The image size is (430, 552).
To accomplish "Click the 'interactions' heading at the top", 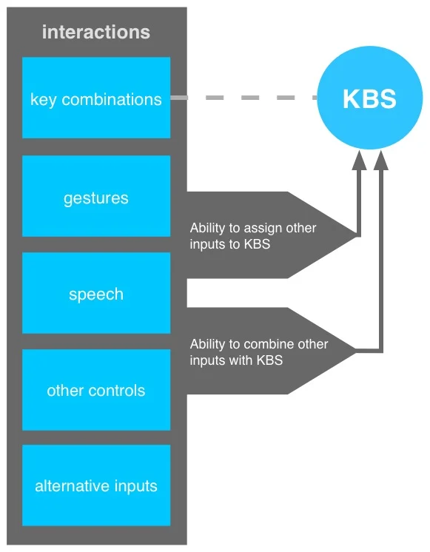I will pyautogui.click(x=96, y=33).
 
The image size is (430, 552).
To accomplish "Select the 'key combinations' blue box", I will pyautogui.click(x=96, y=98).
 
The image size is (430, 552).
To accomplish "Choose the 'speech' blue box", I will pyautogui.click(x=96, y=293).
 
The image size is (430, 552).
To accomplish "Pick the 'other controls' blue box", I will pyautogui.click(x=96, y=390).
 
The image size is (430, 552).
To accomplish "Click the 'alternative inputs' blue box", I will pyautogui.click(x=96, y=485).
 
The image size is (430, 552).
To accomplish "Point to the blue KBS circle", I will pyautogui.click(x=369, y=98).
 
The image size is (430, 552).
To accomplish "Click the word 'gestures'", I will pyautogui.click(x=96, y=198).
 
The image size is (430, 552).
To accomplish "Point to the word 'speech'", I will pyautogui.click(x=96, y=294).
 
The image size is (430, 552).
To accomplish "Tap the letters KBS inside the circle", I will pyautogui.click(x=369, y=98).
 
